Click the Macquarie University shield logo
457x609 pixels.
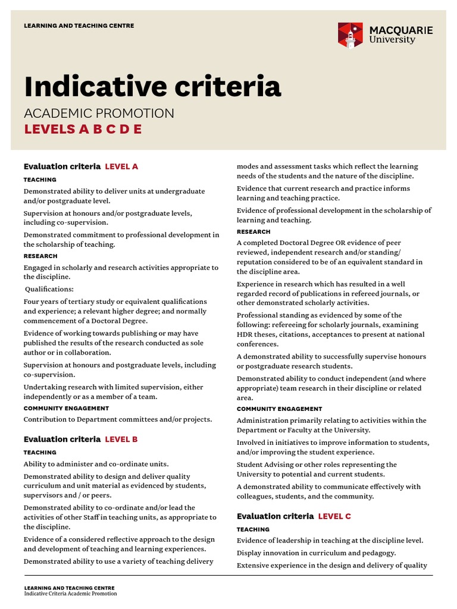[x=350, y=35]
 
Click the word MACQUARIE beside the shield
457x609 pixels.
[x=400, y=30]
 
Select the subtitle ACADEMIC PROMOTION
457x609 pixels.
[x=99, y=113]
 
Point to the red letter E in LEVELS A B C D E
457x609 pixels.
[x=137, y=129]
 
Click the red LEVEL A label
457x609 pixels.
[x=121, y=167]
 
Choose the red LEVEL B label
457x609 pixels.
[x=121, y=440]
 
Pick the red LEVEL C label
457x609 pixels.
[x=334, y=516]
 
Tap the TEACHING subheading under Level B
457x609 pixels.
[x=40, y=453]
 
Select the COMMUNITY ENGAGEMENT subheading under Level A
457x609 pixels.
[x=66, y=409]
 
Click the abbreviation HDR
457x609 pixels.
[x=245, y=334]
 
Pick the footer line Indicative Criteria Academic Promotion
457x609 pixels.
[x=70, y=594]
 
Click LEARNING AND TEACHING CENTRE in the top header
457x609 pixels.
[x=79, y=26]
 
